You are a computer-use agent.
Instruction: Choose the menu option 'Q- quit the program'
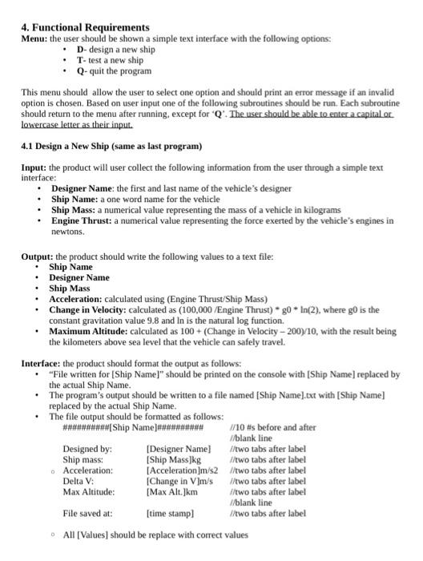click(x=114, y=71)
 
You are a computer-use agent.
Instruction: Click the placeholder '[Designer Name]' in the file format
click(x=179, y=449)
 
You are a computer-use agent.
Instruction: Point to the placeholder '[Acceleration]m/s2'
click(x=182, y=470)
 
